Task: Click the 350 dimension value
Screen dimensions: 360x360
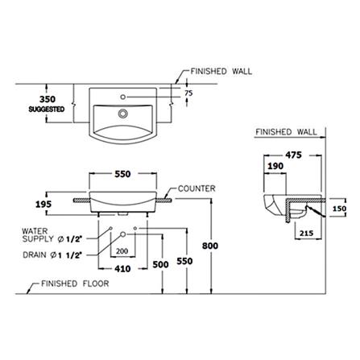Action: [48, 99]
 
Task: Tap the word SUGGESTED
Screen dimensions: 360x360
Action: [47, 110]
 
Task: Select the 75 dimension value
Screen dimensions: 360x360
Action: [188, 93]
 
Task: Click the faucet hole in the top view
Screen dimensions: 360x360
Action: [123, 97]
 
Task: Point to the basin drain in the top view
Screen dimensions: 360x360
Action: [123, 114]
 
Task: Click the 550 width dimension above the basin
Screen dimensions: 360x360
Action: [122, 174]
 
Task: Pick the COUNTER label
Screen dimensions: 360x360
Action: [197, 188]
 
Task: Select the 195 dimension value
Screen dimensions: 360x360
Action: [43, 205]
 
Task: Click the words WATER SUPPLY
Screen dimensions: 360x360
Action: [38, 235]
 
